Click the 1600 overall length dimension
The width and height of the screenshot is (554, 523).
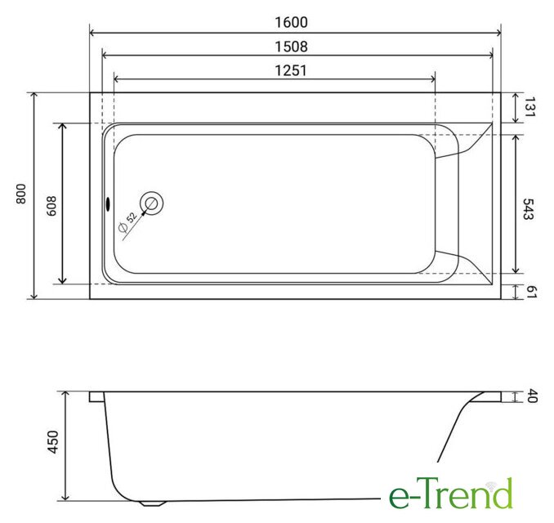pyautogui.click(x=292, y=22)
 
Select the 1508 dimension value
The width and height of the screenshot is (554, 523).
pyautogui.click(x=292, y=47)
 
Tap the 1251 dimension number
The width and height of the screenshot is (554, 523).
pyautogui.click(x=291, y=70)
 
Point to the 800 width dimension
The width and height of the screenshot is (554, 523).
pyautogui.click(x=21, y=194)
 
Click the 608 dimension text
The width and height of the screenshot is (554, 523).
pyautogui.click(x=51, y=206)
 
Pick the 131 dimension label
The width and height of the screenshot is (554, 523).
pyautogui.click(x=530, y=107)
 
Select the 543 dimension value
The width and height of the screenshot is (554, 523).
pyautogui.click(x=528, y=209)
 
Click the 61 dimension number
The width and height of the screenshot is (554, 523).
pyautogui.click(x=531, y=292)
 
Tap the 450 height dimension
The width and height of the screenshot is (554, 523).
pyautogui.click(x=53, y=442)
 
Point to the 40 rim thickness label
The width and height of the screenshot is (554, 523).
pyautogui.click(x=532, y=396)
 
